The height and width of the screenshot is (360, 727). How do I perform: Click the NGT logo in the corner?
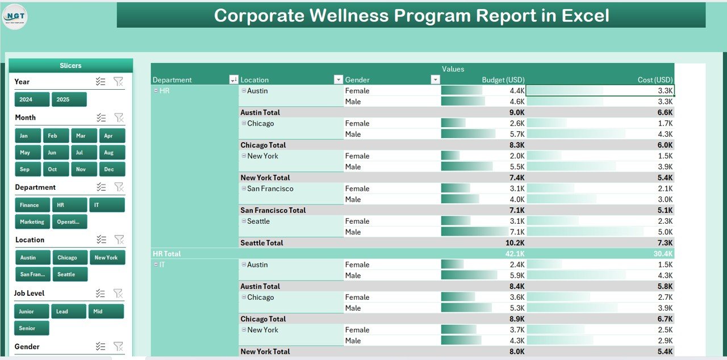click(15, 17)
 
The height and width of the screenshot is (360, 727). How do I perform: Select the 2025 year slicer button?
click(69, 99)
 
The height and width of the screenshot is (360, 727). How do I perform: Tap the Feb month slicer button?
click(56, 136)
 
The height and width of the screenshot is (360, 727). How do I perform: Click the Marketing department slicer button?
click(32, 221)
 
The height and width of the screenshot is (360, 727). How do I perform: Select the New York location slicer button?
click(106, 258)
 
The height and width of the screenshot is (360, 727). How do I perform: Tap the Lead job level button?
click(68, 311)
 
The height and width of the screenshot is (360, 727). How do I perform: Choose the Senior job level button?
click(31, 328)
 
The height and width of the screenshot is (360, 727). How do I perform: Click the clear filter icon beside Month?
click(119, 118)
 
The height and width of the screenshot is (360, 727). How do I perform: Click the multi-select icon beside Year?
click(101, 82)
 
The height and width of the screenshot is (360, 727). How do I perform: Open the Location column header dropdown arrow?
click(338, 80)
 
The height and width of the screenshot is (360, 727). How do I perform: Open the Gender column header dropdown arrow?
click(435, 80)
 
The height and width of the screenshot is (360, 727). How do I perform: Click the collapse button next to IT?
click(156, 265)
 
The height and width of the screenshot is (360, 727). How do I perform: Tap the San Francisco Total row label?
click(273, 210)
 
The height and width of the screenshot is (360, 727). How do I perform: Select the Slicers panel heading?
click(70, 66)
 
